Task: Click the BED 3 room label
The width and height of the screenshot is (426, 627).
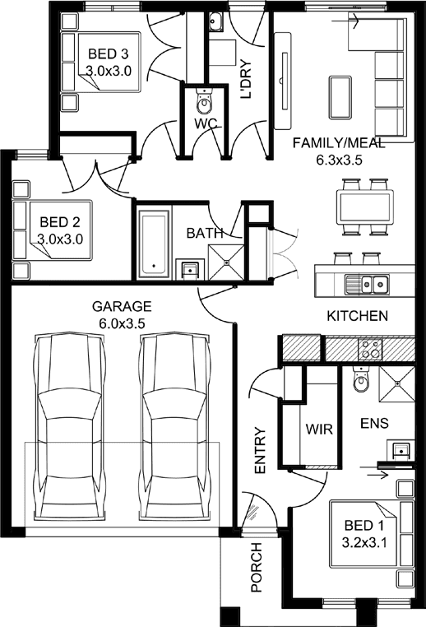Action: click(109, 53)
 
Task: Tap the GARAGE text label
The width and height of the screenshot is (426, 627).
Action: click(122, 306)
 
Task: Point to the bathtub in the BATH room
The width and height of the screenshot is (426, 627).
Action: click(154, 243)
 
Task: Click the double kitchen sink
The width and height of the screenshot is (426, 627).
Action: click(368, 285)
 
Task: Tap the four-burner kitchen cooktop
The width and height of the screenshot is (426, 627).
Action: click(370, 348)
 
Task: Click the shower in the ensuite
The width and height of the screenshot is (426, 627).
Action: click(397, 383)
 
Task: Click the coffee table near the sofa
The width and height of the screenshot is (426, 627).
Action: click(340, 97)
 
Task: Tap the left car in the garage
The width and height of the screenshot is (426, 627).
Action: click(70, 426)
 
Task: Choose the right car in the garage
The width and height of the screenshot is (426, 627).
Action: click(175, 426)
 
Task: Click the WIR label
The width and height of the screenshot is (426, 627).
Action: click(319, 429)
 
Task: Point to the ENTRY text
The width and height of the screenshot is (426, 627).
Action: click(260, 451)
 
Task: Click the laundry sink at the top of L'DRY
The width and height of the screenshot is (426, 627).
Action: click(215, 21)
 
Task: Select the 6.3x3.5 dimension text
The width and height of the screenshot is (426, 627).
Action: click(339, 160)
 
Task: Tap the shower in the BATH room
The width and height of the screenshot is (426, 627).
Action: click(226, 262)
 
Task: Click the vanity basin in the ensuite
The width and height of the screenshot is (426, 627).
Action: click(400, 450)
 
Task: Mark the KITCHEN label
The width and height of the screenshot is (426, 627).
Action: click(357, 316)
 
